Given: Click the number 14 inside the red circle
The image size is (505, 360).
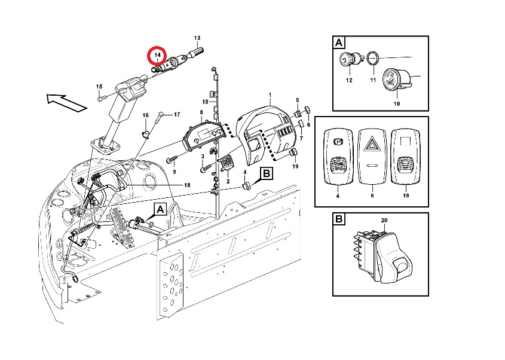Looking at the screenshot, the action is tap(157, 55).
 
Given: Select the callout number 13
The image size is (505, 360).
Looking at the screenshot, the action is tap(197, 38).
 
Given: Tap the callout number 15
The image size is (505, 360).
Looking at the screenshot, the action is tap(99, 86).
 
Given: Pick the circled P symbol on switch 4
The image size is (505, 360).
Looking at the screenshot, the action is tap(338, 141).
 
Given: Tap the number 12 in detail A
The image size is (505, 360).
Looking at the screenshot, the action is tap(349, 80).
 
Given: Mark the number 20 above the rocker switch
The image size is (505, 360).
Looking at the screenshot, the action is tap(384, 221).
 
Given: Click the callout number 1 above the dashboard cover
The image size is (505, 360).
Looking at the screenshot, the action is tap(270, 94).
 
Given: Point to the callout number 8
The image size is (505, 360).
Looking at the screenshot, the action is tap(201, 112).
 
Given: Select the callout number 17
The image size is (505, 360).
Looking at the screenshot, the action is tap(177, 114).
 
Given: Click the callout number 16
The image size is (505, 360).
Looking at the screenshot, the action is tap(146, 115).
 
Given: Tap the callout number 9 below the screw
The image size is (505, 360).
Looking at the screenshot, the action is tap(175, 172).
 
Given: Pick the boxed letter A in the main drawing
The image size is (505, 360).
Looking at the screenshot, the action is tap(160, 210).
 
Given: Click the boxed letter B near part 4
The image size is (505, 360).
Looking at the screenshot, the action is tap(267, 173).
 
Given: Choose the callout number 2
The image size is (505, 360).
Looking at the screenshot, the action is tap(228, 181).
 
